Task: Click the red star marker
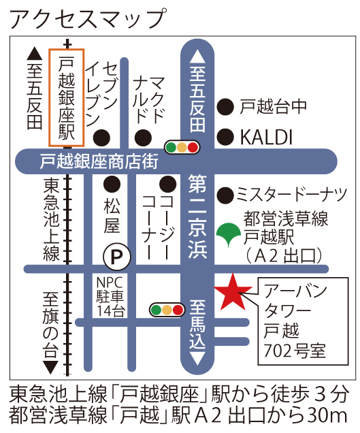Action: coord(231,292)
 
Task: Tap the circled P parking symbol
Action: coord(116,257)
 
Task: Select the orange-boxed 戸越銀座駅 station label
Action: coord(67,97)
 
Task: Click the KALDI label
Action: coord(265,137)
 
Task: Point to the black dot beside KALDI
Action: coord(224,137)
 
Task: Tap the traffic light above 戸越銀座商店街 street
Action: coord(182,146)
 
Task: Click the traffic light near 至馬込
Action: coord(167,310)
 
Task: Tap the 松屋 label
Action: coord(112,216)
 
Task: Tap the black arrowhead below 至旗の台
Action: coord(50,366)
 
